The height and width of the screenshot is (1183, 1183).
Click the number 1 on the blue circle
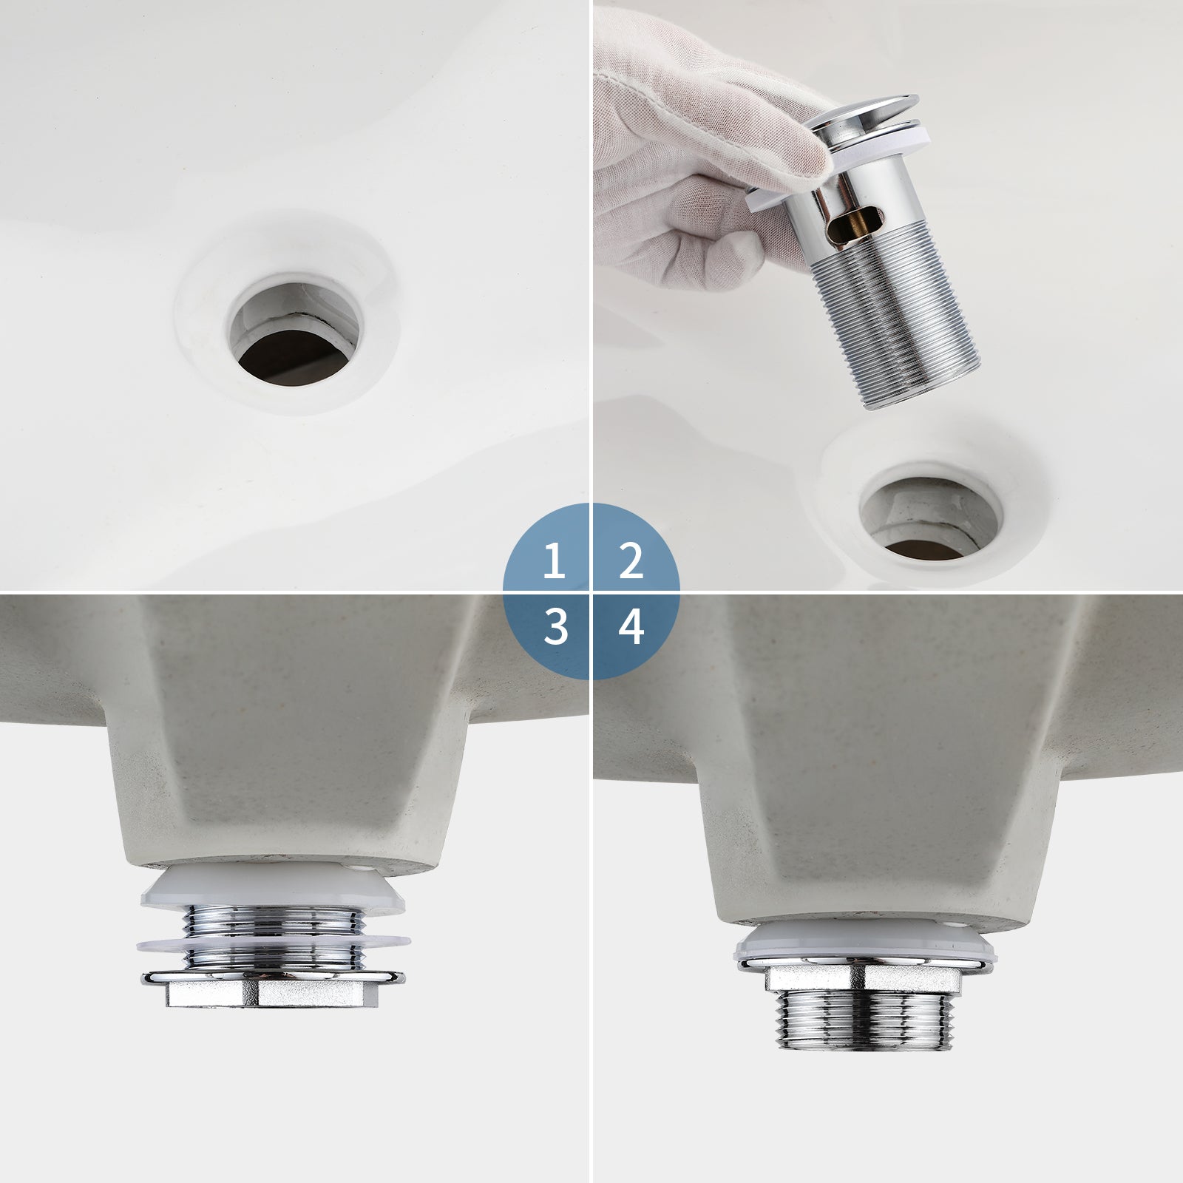click(554, 562)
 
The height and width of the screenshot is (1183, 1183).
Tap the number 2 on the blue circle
click(630, 562)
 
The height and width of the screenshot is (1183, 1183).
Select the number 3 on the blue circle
click(555, 627)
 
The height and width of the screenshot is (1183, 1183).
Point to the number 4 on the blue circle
click(630, 627)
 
